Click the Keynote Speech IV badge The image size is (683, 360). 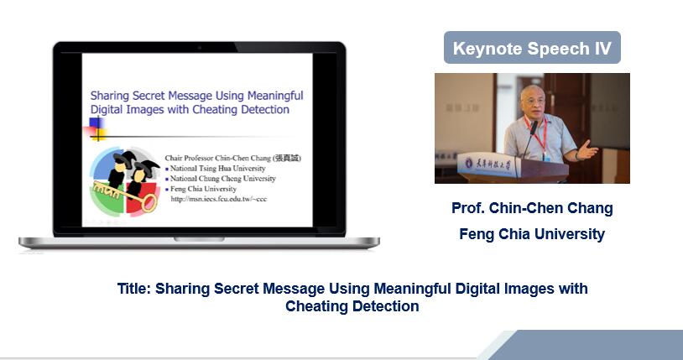click(x=532, y=48)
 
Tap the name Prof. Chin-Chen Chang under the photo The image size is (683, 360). click(x=532, y=208)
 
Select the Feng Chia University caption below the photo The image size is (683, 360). click(x=532, y=234)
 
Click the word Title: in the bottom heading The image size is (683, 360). click(x=134, y=289)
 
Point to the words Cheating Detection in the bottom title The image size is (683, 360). click(x=352, y=306)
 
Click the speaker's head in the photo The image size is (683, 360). click(x=533, y=99)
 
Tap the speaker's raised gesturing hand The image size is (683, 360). click(x=587, y=149)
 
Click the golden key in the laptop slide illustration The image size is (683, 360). click(x=126, y=196)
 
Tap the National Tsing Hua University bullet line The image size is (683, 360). click(x=217, y=168)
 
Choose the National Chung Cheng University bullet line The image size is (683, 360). click(x=222, y=179)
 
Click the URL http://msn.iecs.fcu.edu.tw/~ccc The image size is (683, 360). click(x=219, y=199)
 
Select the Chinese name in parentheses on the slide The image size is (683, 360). click(x=287, y=158)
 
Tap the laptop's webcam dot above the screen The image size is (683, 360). click(x=200, y=47)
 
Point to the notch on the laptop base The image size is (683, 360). click(x=199, y=239)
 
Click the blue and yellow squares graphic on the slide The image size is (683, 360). click(x=96, y=129)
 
